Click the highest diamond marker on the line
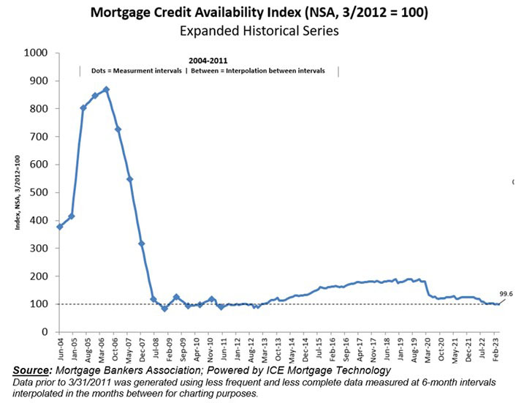pyautogui.click(x=107, y=89)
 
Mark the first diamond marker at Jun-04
pyautogui.click(x=59, y=227)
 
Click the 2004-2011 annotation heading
pyautogui.click(x=207, y=61)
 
